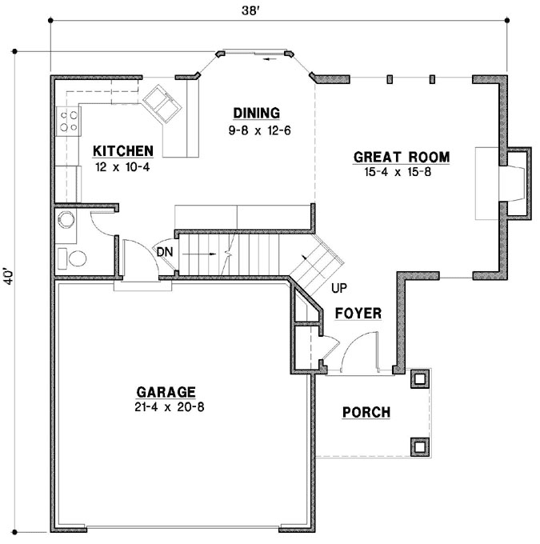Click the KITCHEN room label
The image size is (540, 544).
tap(122, 150)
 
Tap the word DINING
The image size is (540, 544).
tap(256, 112)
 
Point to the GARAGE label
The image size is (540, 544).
tap(166, 392)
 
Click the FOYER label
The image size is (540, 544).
tap(358, 314)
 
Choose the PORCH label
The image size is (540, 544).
tap(366, 413)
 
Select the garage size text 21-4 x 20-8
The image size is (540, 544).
tap(166, 406)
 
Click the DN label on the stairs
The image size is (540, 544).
tap(165, 251)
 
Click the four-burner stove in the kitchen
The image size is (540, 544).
tap(67, 121)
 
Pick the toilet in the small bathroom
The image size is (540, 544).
tap(73, 259)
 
